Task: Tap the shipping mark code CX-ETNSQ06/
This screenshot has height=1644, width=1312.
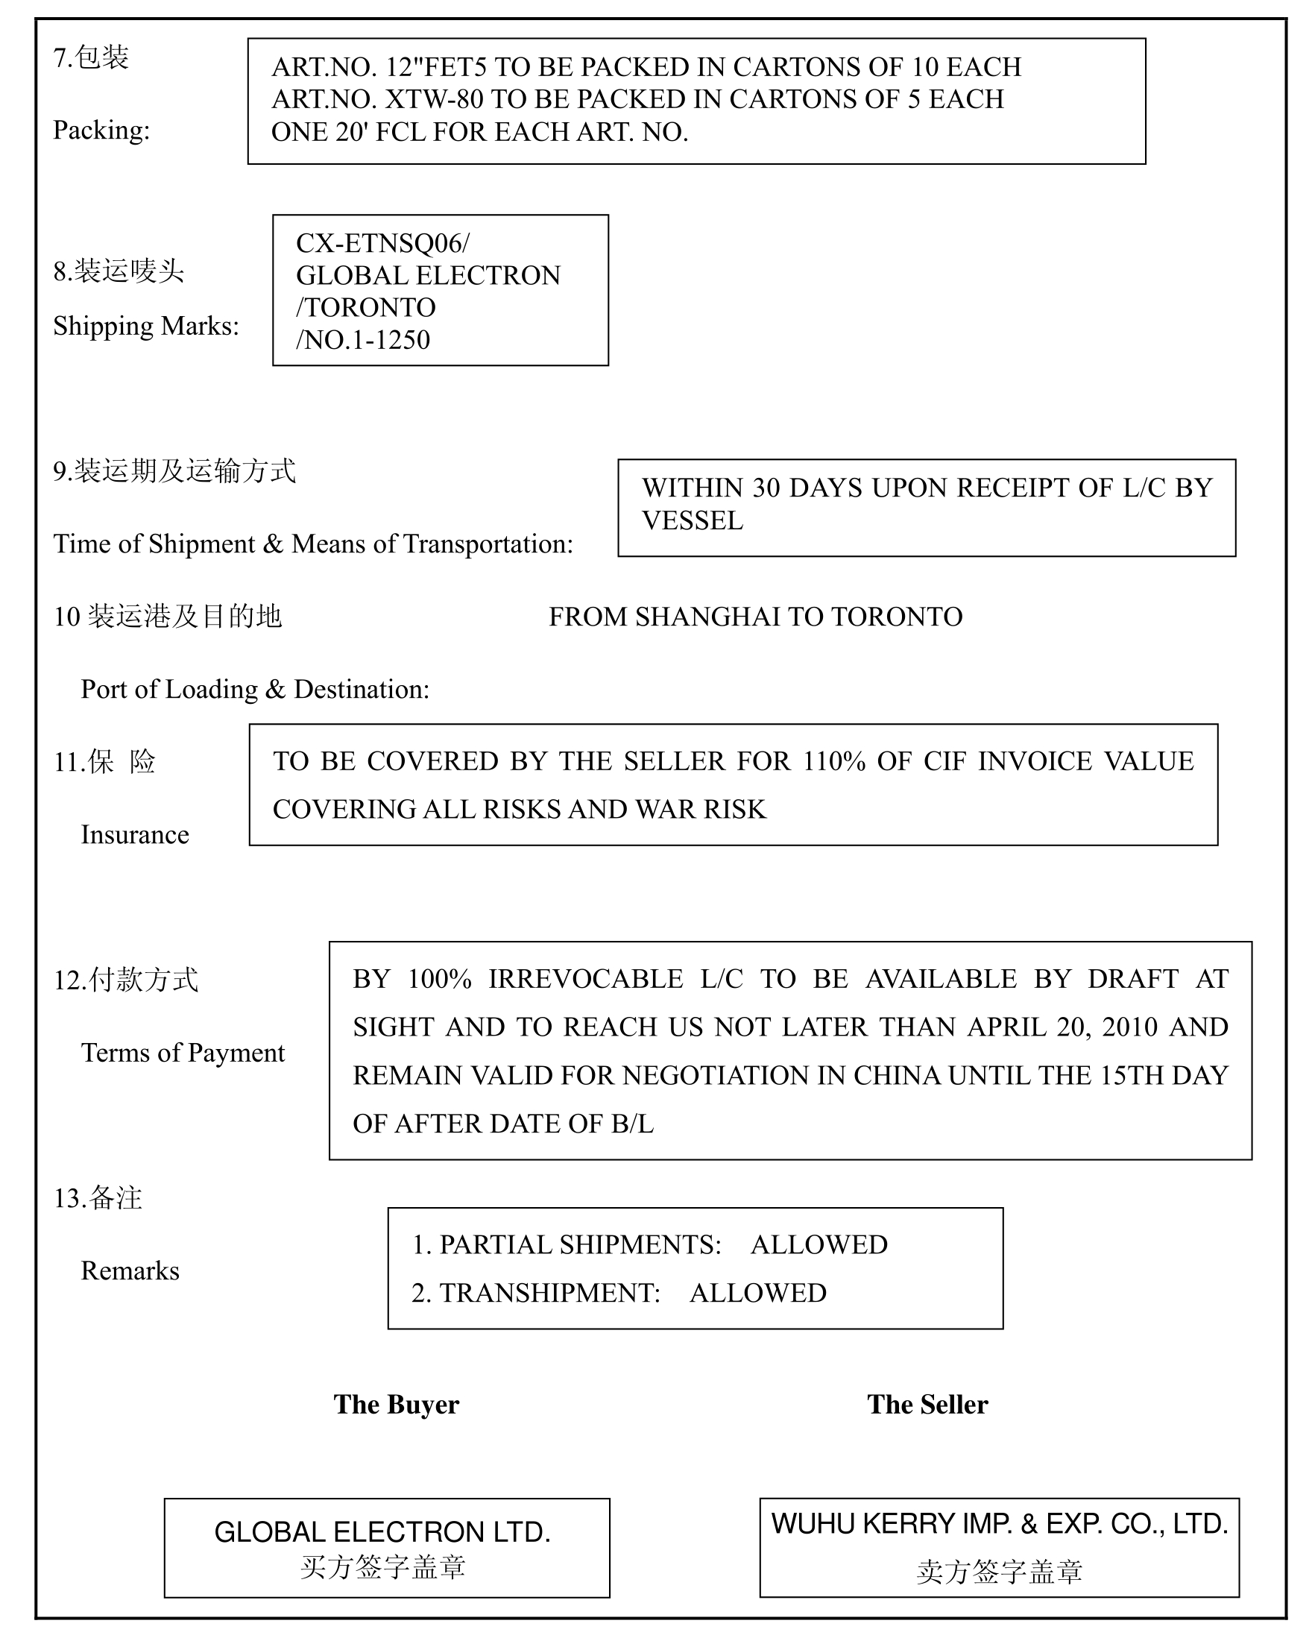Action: (382, 243)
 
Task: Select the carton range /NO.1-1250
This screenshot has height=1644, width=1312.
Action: (364, 339)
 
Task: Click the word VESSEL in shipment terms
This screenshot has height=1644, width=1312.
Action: (692, 521)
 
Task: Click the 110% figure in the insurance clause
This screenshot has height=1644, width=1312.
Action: (833, 761)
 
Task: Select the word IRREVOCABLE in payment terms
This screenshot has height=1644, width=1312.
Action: (585, 979)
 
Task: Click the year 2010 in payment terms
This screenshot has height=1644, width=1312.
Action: (1130, 1027)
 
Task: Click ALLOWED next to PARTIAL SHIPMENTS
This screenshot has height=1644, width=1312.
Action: (819, 1245)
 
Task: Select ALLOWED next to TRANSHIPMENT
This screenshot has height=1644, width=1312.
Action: (758, 1294)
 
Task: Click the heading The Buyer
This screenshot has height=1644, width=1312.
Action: (397, 1405)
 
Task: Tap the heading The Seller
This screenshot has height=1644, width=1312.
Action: (927, 1405)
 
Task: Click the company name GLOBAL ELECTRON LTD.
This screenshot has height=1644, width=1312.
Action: (382, 1532)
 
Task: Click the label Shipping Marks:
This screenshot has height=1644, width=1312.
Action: (145, 326)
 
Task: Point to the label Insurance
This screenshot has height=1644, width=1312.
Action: (135, 834)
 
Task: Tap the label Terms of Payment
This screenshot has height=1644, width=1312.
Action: (183, 1052)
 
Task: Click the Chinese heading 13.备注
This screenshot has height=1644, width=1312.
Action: (98, 1197)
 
